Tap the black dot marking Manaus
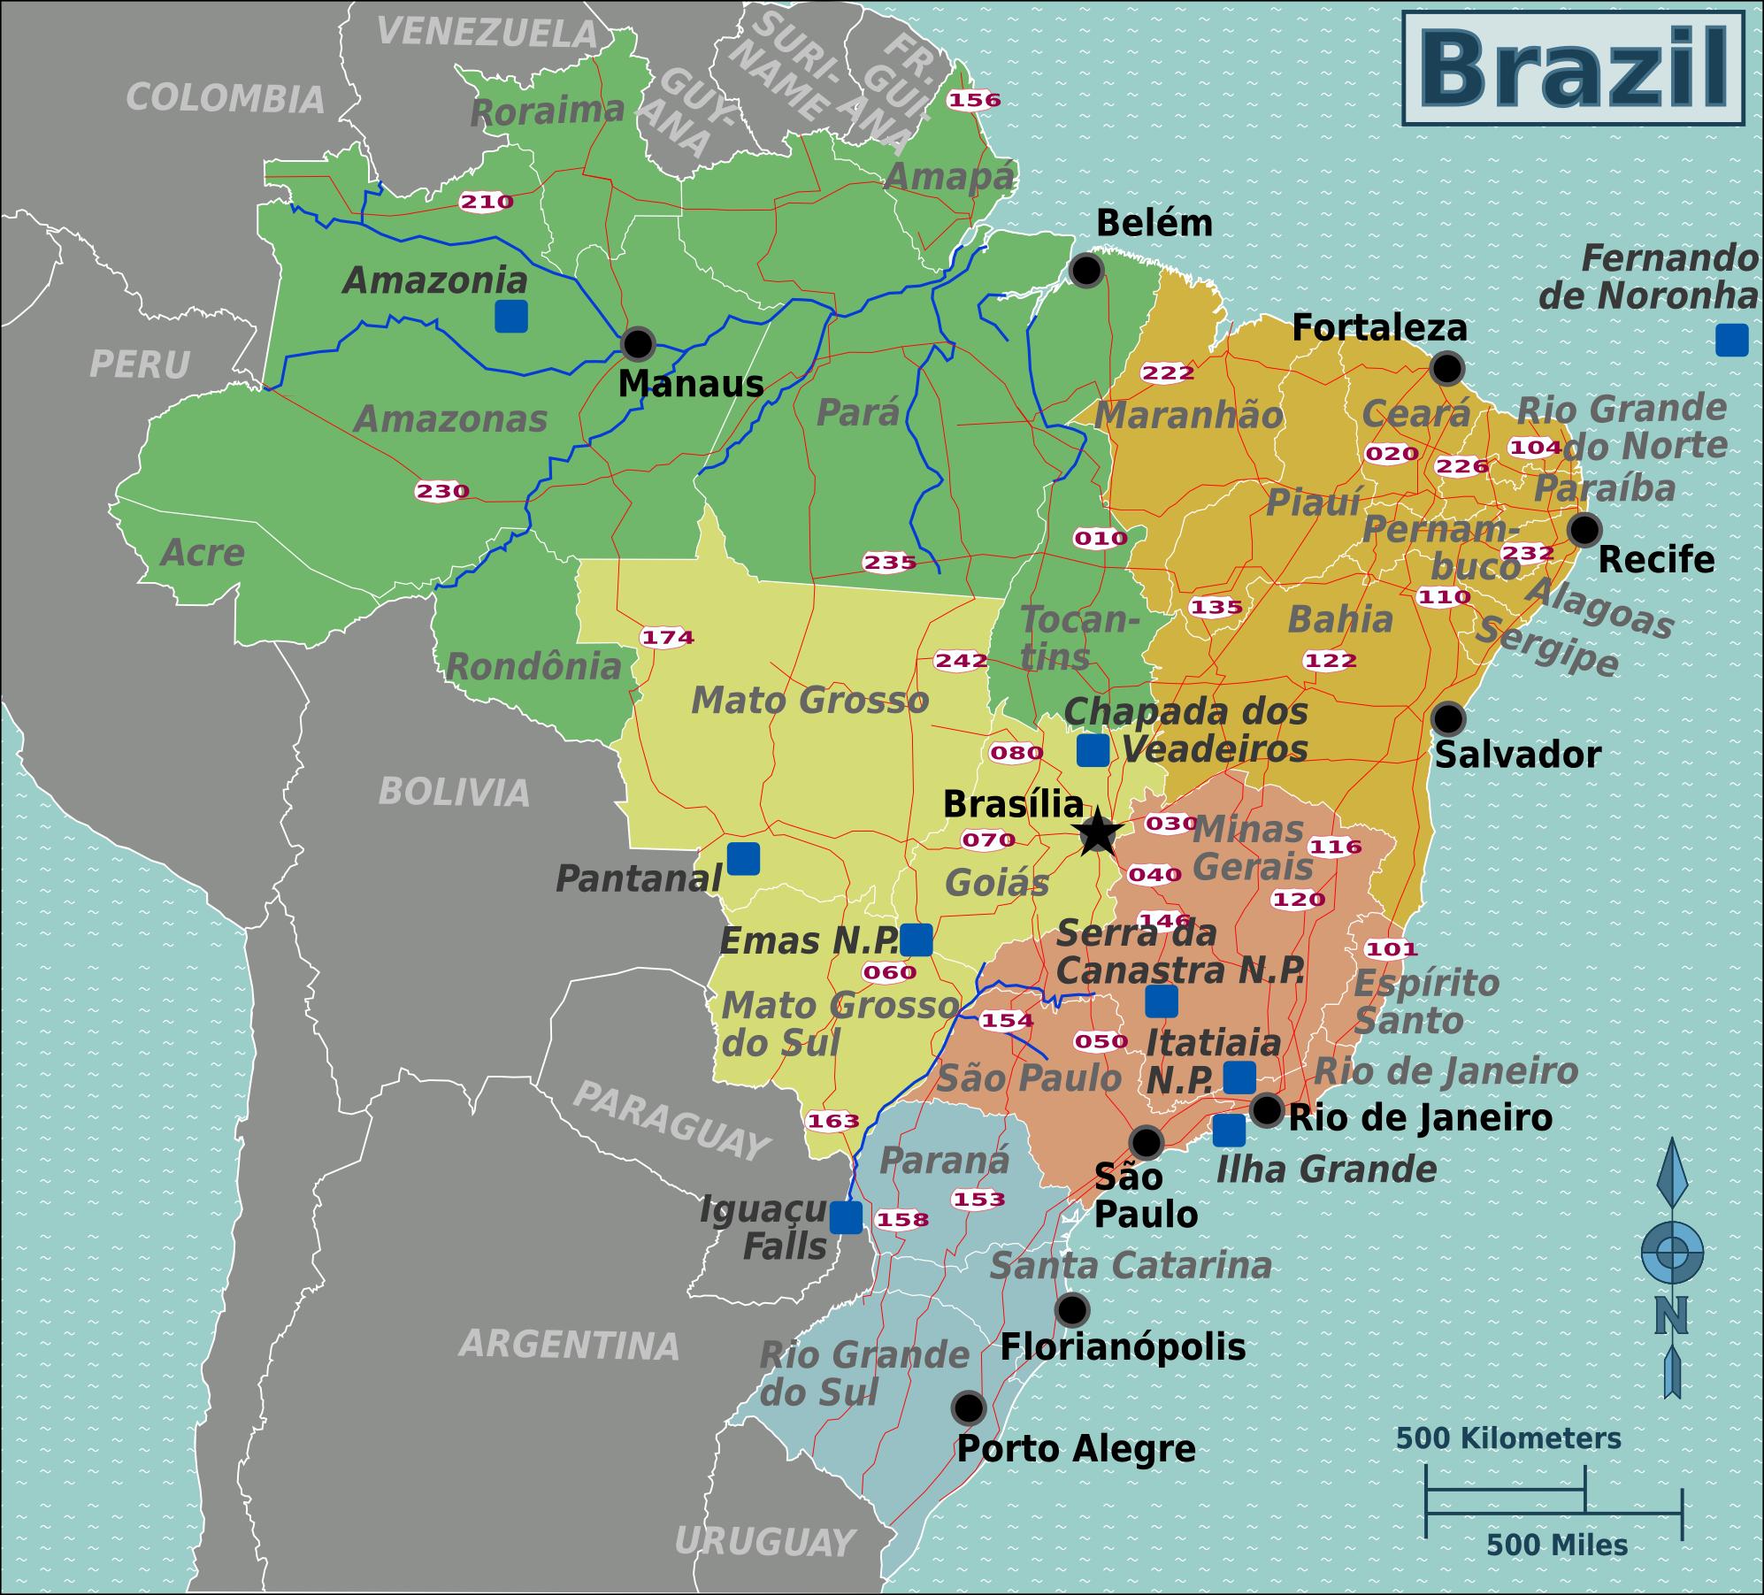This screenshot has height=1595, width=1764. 637,343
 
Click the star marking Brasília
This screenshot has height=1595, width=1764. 1097,832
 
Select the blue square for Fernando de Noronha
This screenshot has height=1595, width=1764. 1731,340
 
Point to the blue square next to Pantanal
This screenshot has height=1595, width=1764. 743,858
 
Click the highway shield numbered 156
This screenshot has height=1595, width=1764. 974,100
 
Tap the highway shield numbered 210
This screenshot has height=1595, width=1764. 486,202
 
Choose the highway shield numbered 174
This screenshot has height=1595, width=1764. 667,637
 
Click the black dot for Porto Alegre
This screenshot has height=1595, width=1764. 968,1407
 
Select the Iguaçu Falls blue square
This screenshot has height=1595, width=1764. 846,1218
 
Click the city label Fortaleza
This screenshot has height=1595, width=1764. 1379,328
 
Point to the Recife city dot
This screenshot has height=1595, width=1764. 1584,529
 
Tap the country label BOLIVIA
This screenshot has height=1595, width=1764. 454,792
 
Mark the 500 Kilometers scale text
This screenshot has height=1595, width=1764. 1508,1438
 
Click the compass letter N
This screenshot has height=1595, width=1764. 1671,1315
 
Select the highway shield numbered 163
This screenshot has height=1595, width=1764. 832,1121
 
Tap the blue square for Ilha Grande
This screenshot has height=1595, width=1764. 1229,1131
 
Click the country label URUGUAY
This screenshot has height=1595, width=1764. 764,1542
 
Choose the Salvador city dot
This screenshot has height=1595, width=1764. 1448,718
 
